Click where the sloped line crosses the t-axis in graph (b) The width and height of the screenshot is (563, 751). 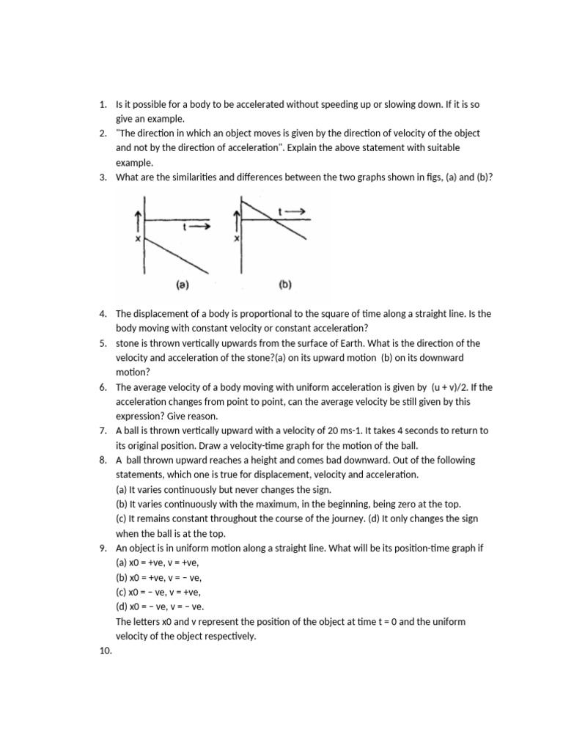click(x=270, y=219)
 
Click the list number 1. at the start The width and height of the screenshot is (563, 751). click(x=103, y=105)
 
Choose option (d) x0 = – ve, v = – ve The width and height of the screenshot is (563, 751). click(x=161, y=607)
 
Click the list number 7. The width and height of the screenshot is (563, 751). click(x=103, y=431)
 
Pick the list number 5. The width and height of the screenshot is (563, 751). click(x=103, y=343)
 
